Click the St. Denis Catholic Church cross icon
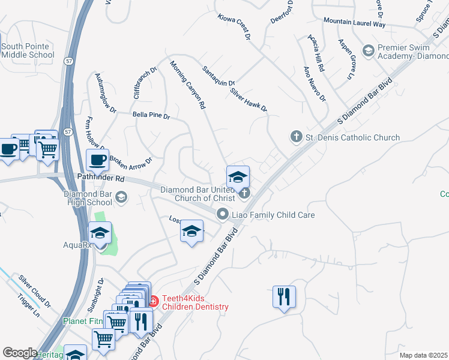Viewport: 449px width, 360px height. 295,137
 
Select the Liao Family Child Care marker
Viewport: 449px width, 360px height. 223,214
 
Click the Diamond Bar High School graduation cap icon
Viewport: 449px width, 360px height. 121,197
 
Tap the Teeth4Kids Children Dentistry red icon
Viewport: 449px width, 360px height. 152,300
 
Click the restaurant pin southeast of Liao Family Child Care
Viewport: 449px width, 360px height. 283,296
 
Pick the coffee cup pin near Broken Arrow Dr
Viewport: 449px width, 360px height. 97,160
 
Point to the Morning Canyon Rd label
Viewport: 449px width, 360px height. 187,85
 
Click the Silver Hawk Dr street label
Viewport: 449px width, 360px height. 248,100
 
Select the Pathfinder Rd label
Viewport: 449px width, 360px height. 101,179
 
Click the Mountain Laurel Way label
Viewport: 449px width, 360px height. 354,22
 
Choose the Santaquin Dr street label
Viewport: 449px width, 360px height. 218,75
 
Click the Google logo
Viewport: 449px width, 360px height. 20,353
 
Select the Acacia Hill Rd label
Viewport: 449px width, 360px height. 316,53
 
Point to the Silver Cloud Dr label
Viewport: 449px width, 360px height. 34,292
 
